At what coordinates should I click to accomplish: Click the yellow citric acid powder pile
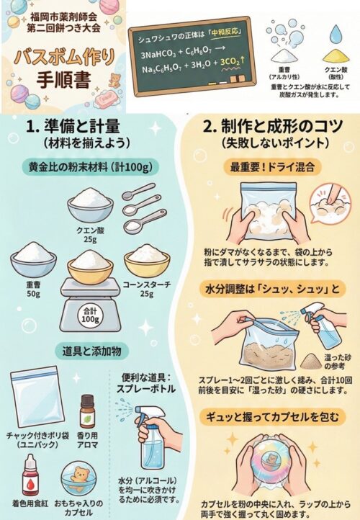pyautogui.click(x=336, y=55)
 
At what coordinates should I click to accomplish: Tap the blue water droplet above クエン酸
pyautogui.click(x=336, y=35)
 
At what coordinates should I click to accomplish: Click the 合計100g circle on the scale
pyautogui.click(x=90, y=315)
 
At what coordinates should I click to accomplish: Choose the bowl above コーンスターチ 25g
pyautogui.click(x=147, y=261)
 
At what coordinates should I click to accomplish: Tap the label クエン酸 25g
pyautogui.click(x=90, y=234)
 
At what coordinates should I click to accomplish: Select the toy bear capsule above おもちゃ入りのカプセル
pyautogui.click(x=78, y=478)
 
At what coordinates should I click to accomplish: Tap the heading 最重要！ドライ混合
pyautogui.click(x=272, y=167)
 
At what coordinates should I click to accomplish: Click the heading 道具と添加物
pyautogui.click(x=92, y=351)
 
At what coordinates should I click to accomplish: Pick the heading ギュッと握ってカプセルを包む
pyautogui.click(x=272, y=417)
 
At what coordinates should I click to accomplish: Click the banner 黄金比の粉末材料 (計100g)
pyautogui.click(x=91, y=167)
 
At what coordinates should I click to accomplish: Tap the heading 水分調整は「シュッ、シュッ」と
pyautogui.click(x=273, y=290)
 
